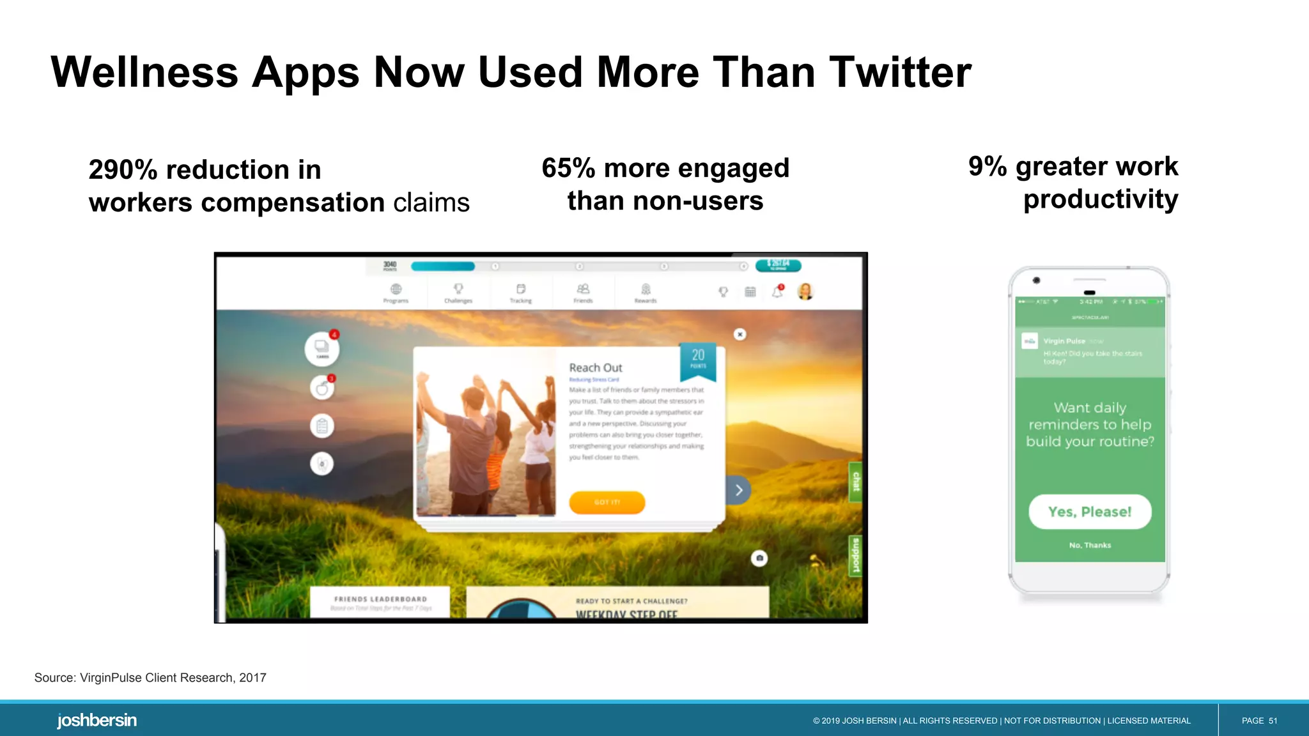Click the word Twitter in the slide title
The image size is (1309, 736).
pyautogui.click(x=900, y=72)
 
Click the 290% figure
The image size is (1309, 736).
pyautogui.click(x=123, y=170)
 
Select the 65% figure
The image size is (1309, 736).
pyautogui.click(x=568, y=169)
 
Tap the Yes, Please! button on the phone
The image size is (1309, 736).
pyautogui.click(x=1090, y=512)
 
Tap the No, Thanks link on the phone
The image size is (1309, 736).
pyautogui.click(x=1090, y=545)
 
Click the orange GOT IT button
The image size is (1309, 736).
pyautogui.click(x=607, y=502)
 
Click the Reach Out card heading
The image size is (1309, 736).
pyautogui.click(x=596, y=367)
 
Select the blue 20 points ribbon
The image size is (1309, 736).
pyautogui.click(x=698, y=359)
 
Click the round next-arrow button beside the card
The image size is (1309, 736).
pyautogui.click(x=739, y=490)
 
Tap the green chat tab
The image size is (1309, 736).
pyautogui.click(x=856, y=481)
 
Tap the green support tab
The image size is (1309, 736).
pyautogui.click(x=856, y=555)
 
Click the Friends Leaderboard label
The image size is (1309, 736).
pyautogui.click(x=380, y=599)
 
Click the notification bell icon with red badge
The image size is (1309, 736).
pyautogui.click(x=777, y=292)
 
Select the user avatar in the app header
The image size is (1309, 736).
pyautogui.click(x=805, y=291)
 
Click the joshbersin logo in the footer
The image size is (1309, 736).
pyautogui.click(x=97, y=720)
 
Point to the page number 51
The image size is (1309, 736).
pyautogui.click(x=1273, y=721)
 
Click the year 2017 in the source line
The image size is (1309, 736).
pyautogui.click(x=252, y=678)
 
